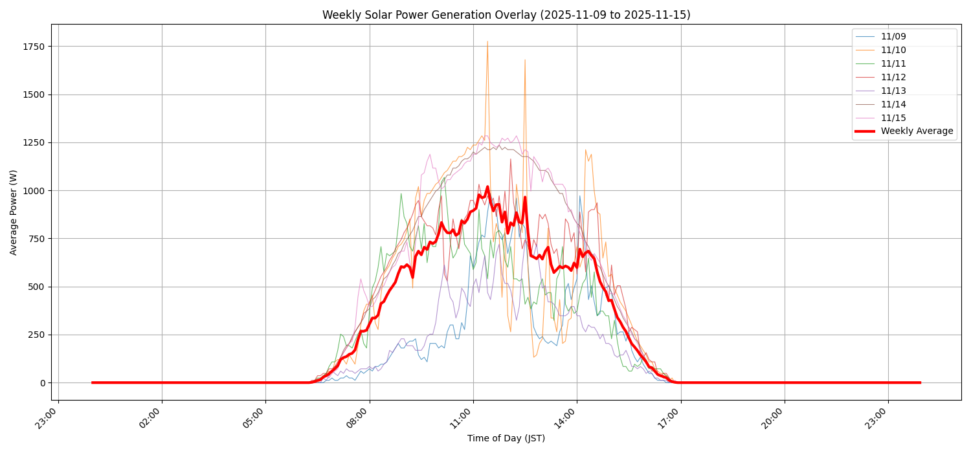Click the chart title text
(x=506, y=15)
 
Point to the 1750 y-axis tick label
(x=32, y=47)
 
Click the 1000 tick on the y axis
(x=32, y=191)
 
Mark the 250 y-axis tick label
(x=36, y=335)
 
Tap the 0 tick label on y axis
(x=43, y=383)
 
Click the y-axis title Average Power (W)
(x=14, y=212)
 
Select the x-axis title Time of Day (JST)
(x=506, y=439)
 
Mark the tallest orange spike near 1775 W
(x=487, y=42)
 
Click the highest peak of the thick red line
(x=487, y=187)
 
